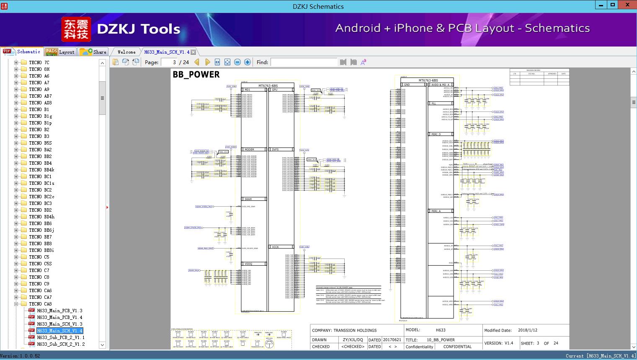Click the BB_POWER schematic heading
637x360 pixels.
point(196,75)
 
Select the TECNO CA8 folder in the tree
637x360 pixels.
point(40,304)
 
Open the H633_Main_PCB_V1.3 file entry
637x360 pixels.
point(59,311)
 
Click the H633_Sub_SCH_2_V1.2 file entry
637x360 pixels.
point(61,344)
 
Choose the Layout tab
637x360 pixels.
point(60,52)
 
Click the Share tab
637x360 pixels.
point(94,52)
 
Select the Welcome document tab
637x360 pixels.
point(126,52)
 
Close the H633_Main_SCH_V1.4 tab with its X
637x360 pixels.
point(193,52)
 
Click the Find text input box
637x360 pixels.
point(304,62)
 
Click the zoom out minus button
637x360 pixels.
point(237,62)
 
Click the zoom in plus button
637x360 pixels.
point(248,62)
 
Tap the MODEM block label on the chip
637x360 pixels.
point(249,149)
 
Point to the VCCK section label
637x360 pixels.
point(275,247)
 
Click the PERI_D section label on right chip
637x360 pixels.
point(436,134)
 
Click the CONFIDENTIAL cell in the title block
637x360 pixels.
point(457,347)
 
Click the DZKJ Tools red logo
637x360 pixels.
point(76,29)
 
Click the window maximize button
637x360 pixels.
point(613,5)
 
